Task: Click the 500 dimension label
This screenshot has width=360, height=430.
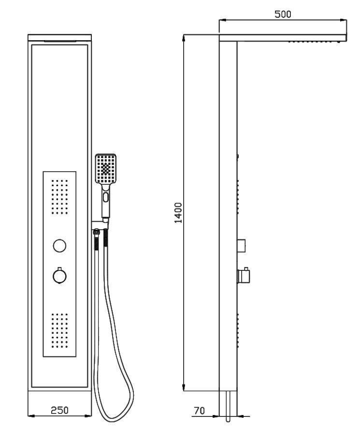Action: point(283,14)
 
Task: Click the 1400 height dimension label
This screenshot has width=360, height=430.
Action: point(178,213)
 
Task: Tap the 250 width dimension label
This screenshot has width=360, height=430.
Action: point(59,411)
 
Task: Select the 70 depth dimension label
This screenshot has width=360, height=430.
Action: point(199,411)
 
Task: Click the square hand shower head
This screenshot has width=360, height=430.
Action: point(106,168)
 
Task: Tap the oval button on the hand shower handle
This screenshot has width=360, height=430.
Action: point(106,197)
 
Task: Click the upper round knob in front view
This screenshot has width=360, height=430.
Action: point(59,245)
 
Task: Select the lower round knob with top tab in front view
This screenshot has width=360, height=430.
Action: point(59,276)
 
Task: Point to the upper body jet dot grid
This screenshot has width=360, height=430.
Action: point(60,197)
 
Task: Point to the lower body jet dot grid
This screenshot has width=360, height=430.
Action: point(60,331)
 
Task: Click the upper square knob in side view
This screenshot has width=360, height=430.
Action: point(242,245)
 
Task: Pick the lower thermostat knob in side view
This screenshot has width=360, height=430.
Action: point(244,275)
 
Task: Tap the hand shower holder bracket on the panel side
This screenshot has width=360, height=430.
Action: point(101,225)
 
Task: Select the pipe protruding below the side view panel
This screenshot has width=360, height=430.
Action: point(228,406)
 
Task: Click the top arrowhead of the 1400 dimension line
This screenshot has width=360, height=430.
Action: point(184,38)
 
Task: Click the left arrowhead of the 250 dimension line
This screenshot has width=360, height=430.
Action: point(31,416)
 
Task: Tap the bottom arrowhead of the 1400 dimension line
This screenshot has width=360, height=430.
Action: point(184,387)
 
